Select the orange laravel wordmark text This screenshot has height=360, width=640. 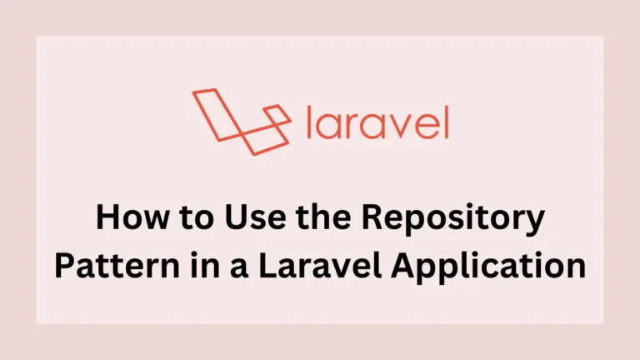(x=377, y=123)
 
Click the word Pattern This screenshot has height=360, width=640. (x=109, y=265)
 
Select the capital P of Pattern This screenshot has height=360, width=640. (x=65, y=264)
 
